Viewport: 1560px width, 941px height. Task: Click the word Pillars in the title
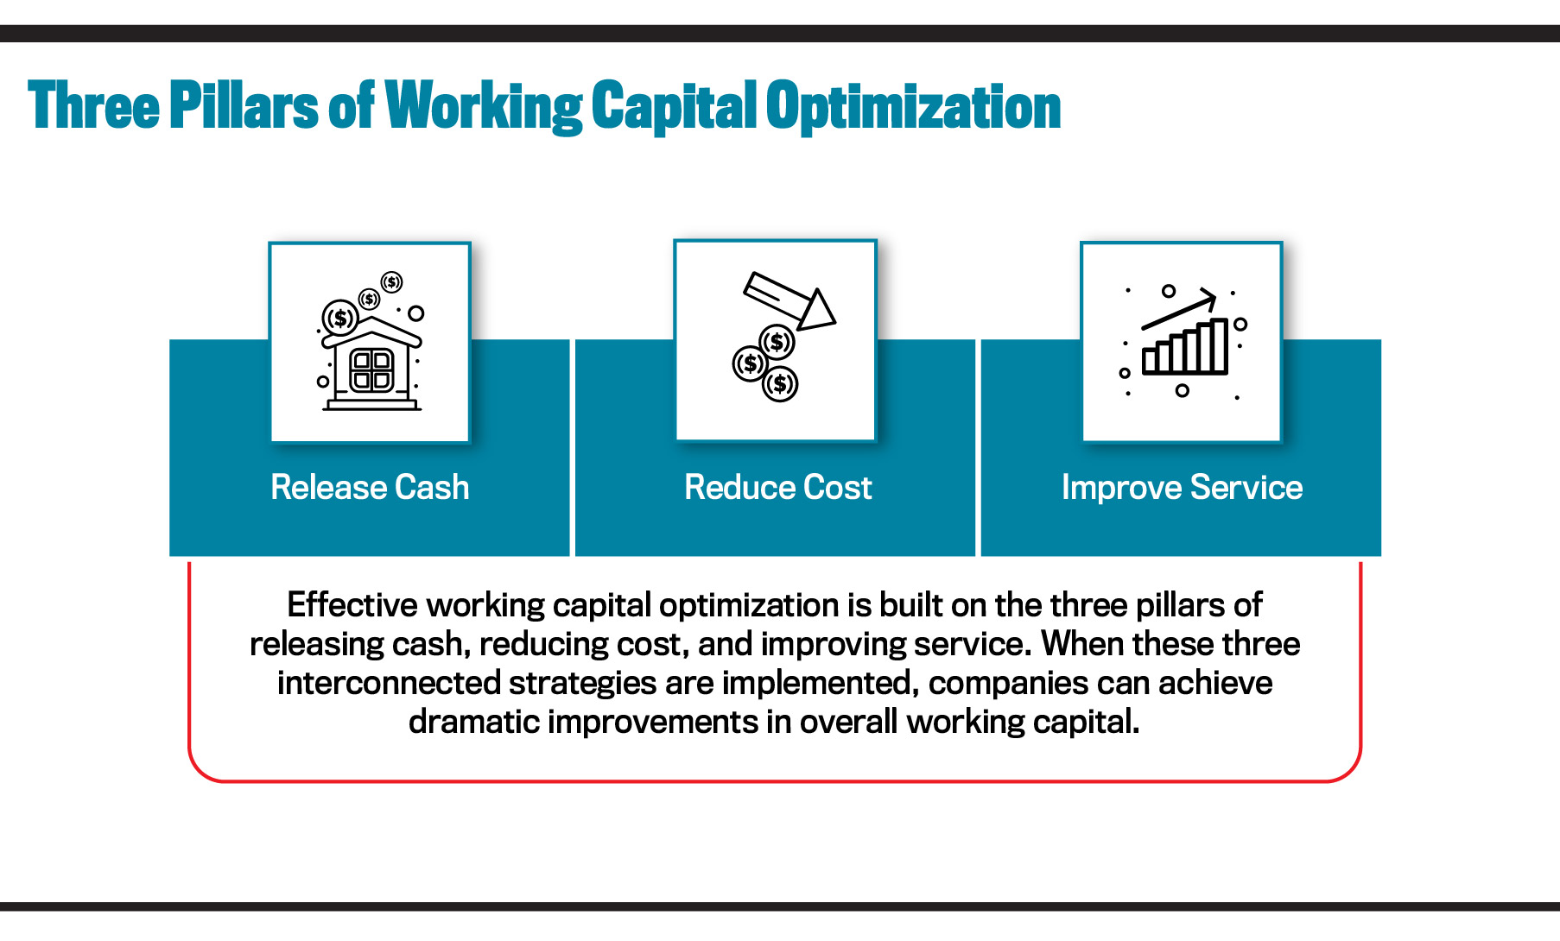(x=244, y=106)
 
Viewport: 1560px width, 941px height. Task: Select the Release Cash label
(x=370, y=488)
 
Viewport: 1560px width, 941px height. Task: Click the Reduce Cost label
(x=777, y=488)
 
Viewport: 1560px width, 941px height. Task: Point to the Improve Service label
(x=1182, y=488)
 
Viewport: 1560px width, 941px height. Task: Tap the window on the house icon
(x=371, y=370)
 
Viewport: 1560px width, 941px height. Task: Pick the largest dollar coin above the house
(x=340, y=318)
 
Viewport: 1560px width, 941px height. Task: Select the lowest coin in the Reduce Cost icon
(x=780, y=384)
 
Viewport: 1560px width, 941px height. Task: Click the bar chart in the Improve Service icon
(x=1185, y=348)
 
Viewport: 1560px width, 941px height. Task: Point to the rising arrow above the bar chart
(x=1180, y=310)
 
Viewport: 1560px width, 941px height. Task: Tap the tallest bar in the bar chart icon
(x=1219, y=345)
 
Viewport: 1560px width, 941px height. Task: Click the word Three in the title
(x=93, y=106)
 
